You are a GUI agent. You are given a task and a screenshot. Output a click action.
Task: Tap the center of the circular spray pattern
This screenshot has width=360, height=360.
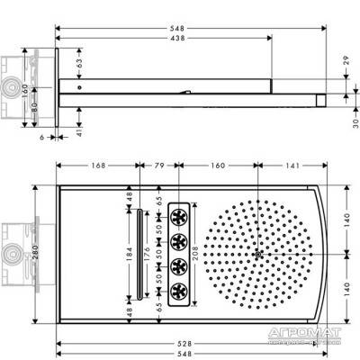click(x=258, y=255)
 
